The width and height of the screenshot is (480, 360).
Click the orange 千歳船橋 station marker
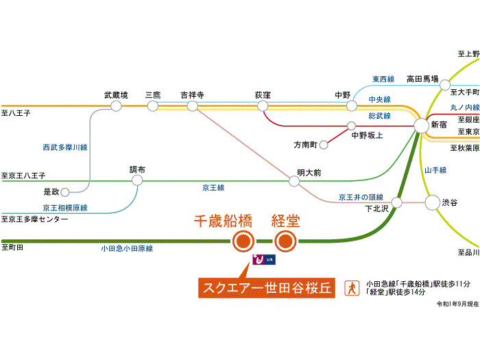click(x=243, y=241)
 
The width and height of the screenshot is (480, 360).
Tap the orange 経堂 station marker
click(x=285, y=241)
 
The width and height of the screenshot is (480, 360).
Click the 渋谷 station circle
click(x=433, y=202)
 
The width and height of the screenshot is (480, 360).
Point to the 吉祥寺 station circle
click(x=193, y=106)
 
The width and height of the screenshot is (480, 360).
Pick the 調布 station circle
click(x=137, y=180)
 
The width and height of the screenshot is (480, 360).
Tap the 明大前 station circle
click(x=294, y=181)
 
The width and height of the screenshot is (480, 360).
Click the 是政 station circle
click(x=66, y=192)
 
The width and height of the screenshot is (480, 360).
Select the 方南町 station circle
click(x=324, y=145)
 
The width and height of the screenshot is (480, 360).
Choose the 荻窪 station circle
click(x=263, y=106)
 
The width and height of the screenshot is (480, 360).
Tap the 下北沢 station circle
click(x=396, y=202)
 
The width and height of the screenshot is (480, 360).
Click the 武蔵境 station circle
click(x=116, y=106)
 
